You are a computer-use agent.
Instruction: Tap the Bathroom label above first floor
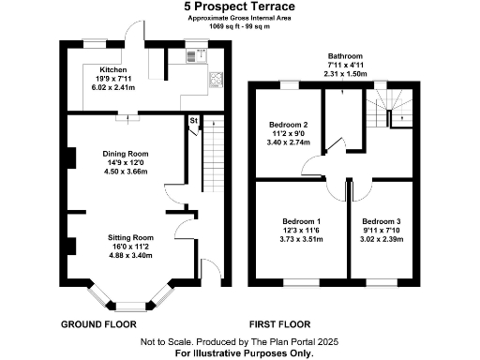[x=345, y=56]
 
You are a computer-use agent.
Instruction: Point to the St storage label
[x=192, y=122]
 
